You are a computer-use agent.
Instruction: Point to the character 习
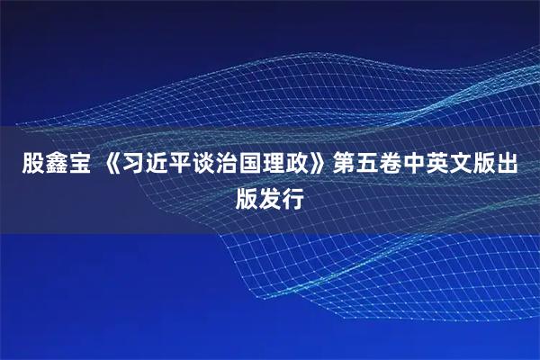pyautogui.click(x=135, y=165)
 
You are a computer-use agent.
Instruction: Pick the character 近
pyautogui.click(x=160, y=165)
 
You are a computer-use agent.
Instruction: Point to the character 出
pyautogui.click(x=506, y=165)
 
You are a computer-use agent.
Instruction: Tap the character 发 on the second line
pyautogui.click(x=270, y=196)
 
